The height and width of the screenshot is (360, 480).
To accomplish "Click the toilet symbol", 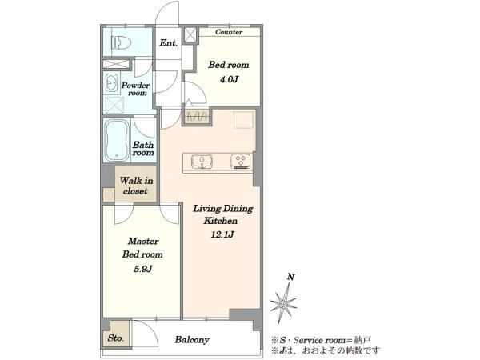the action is click(x=122, y=42).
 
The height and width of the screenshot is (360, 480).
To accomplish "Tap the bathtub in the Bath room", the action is click(x=117, y=141).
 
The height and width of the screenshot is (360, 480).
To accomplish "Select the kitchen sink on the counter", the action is click(x=202, y=161).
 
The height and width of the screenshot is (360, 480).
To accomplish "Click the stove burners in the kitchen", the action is click(x=241, y=161).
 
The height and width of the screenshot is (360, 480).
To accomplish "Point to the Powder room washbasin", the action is click(x=111, y=83).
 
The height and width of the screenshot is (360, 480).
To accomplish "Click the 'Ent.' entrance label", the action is click(x=168, y=43).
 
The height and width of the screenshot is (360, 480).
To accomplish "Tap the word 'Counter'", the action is click(x=229, y=32).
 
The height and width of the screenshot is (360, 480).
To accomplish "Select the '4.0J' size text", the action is click(x=229, y=79).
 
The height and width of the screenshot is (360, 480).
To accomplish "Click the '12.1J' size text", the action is click(x=222, y=234).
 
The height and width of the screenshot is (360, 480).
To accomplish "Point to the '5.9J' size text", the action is click(x=142, y=269).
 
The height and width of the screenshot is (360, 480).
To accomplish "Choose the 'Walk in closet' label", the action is click(x=136, y=186).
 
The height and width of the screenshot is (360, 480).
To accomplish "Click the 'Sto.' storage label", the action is click(x=116, y=338).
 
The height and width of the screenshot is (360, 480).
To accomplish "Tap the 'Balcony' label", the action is click(x=192, y=339).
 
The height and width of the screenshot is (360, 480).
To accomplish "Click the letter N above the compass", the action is click(x=291, y=278).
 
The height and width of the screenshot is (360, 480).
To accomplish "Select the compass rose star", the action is click(x=283, y=303).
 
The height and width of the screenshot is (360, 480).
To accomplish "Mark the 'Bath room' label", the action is click(x=143, y=149).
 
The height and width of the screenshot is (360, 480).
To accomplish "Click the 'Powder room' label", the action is click(x=136, y=89).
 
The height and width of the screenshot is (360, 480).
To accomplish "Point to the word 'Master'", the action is click(x=143, y=242).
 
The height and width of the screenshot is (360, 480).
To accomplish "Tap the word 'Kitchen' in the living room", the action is click(x=221, y=221).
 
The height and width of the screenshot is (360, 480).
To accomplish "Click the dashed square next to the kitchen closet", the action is click(x=244, y=120).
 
